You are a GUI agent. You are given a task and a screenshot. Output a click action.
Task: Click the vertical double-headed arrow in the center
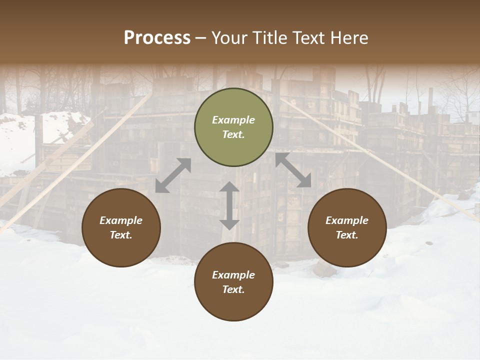229,205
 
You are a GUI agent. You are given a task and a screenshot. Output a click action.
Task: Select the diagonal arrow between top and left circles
173,175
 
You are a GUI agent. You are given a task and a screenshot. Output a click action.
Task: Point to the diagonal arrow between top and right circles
293,170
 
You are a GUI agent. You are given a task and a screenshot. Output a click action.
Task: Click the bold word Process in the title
157,38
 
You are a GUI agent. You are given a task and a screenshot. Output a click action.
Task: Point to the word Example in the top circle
233,120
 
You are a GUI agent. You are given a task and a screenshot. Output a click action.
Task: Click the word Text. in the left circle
121,235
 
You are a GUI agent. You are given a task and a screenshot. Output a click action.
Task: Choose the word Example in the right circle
347,220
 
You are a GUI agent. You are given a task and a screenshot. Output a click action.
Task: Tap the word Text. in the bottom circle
233,289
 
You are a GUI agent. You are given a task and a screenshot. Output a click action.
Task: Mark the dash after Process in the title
201,38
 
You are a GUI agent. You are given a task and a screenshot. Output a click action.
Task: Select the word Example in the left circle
121,220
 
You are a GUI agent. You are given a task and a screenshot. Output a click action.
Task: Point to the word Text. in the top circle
233,134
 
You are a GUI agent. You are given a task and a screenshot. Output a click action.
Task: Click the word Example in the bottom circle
233,275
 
